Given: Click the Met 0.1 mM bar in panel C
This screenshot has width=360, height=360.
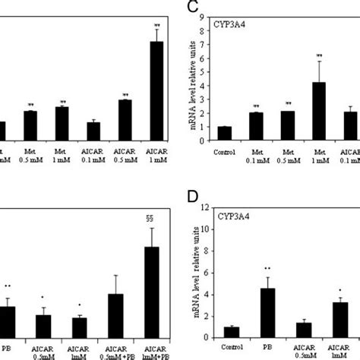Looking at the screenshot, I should coord(256,126).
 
